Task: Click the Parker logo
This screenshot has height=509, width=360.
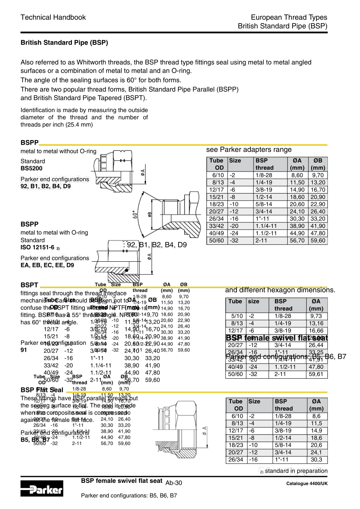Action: [42, 489]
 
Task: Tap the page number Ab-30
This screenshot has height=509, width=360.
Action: [174, 483]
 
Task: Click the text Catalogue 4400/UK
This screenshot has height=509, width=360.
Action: [307, 484]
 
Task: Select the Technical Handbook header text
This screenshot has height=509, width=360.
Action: [53, 17]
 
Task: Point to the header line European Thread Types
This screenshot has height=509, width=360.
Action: [289, 17]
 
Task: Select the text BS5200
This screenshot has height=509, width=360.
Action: [31, 169]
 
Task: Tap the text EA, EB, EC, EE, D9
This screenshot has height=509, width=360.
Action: [47, 265]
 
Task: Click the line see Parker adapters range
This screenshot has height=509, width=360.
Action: [249, 150]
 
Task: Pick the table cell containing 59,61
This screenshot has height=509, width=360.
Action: [316, 374]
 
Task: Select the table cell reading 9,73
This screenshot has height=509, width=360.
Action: [316, 316]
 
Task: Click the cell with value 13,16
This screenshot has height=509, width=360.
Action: [316, 323]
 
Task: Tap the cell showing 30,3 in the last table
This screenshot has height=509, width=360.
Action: [316, 460]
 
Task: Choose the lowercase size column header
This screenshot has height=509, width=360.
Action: [254, 301]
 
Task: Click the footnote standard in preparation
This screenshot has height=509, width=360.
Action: [296, 471]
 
